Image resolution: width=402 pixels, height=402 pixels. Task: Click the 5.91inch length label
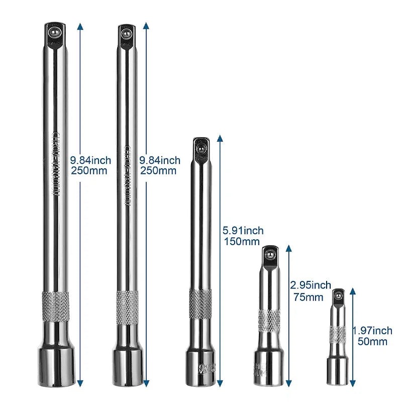tap(243, 231)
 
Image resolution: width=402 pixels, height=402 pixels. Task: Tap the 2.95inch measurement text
tap(311, 285)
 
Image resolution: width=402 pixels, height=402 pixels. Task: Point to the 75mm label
tap(308, 296)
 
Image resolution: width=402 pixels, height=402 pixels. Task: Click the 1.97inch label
tap(372, 331)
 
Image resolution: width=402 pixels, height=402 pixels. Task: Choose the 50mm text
tap(372, 342)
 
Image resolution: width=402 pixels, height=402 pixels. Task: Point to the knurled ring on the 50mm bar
tap(338, 334)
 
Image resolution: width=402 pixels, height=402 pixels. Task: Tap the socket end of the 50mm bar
tap(338, 372)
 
